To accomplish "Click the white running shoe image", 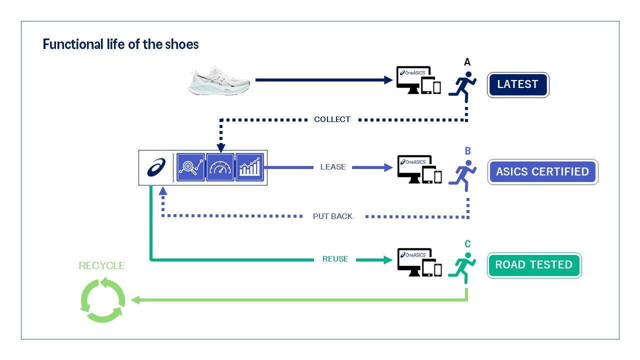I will coord(218,80).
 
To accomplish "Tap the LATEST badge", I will coord(517,84).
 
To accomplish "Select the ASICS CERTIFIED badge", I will coord(542,171).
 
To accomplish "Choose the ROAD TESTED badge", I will coord(534,265).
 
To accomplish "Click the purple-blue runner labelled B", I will coord(462,175).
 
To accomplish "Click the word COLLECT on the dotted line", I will coord(332,119).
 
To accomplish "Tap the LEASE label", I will coord(333,167).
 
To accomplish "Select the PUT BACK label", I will coord(332,216).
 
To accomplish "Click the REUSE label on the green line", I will coord(335,259).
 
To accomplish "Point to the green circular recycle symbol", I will coord(102,300).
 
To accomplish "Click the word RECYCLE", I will coord(101,265).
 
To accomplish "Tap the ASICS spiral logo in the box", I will coord(156,167).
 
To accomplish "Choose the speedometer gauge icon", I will coord(220,167).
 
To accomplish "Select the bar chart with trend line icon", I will coord(249,167).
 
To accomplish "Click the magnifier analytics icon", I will coord(190,167).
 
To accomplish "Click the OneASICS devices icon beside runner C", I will coord(419,262).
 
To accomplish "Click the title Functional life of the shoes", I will coord(120,44).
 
